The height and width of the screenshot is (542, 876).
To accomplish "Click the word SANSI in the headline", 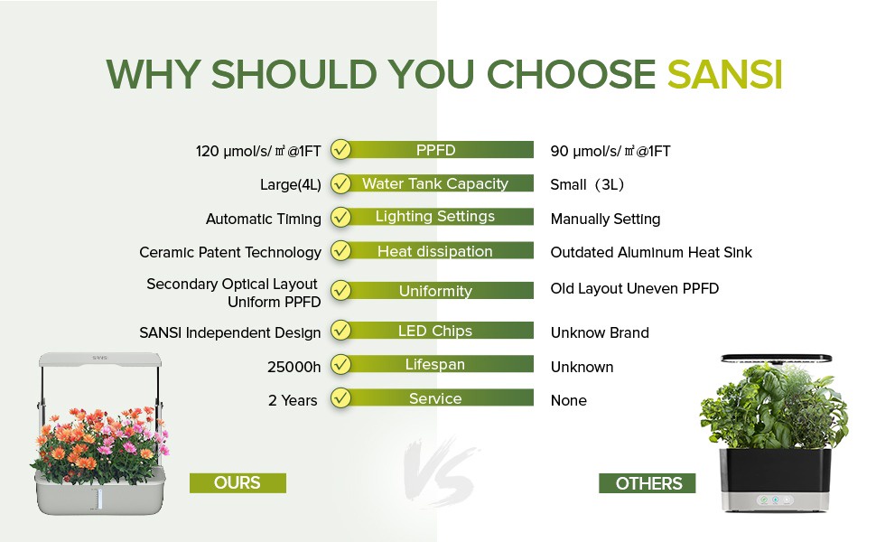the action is (724, 74).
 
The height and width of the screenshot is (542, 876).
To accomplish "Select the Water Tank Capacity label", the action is (434, 183).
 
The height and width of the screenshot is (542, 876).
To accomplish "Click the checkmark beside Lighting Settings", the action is (340, 217).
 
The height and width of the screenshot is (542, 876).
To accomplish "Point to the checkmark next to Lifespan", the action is (340, 365).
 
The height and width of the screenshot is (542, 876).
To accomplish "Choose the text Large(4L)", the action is (291, 185).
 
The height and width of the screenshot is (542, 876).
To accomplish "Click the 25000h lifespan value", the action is (294, 367).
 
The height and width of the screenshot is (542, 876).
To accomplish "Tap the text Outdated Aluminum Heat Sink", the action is (651, 253).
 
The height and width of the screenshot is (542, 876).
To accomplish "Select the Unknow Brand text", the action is (600, 333).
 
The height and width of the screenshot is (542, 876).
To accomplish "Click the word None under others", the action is (568, 401).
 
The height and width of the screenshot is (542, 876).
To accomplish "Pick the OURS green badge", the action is (238, 482).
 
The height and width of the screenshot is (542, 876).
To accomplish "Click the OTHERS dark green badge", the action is (647, 483).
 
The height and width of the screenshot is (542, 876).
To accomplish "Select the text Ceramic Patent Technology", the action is (230, 253).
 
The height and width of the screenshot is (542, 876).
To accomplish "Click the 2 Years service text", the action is (293, 401).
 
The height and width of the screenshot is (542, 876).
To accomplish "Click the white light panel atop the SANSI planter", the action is (100, 360).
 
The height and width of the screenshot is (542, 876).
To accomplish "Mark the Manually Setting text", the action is (605, 219).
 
